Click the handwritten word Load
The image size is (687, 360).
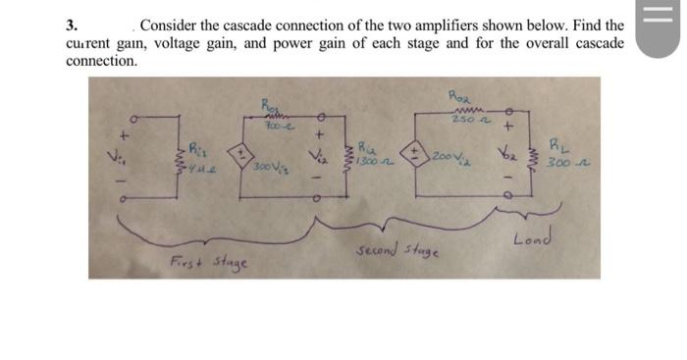point(532,237)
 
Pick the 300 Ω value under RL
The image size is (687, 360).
point(568,162)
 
